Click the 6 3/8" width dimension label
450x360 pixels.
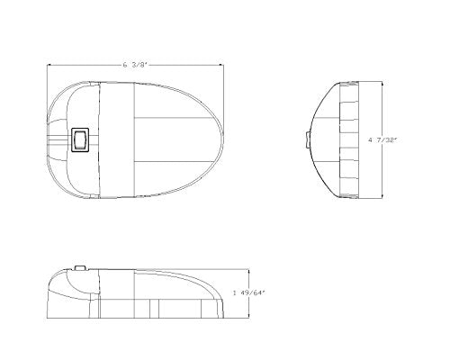tap(136, 65)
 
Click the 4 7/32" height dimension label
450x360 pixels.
tap(382, 139)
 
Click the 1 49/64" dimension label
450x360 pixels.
tap(249, 292)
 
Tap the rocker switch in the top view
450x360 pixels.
tap(80, 139)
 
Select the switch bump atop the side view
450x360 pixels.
tap(80, 267)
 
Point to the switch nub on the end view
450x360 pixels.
tap(308, 139)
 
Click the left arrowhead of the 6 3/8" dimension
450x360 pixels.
tap(49, 65)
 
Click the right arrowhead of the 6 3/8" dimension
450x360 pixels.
tap(221, 65)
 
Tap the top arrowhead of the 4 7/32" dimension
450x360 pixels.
tap(382, 84)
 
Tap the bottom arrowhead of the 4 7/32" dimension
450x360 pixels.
tap(382, 196)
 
